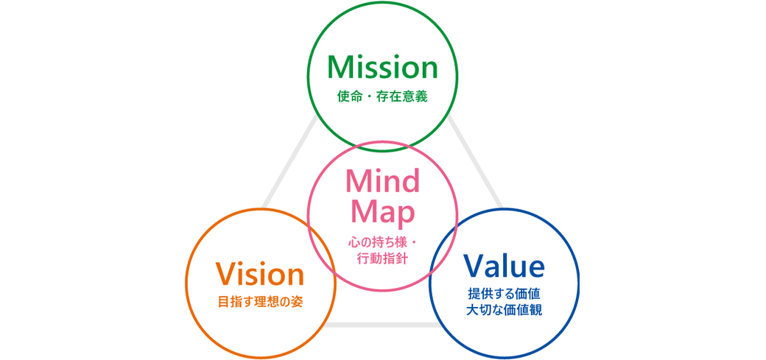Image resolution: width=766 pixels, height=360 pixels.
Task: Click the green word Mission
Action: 382,68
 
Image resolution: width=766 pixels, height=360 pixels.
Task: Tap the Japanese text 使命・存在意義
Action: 382,96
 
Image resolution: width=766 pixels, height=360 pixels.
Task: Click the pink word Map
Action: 382,211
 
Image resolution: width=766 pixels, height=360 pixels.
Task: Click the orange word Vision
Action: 260,275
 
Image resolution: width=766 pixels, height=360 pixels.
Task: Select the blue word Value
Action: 504,266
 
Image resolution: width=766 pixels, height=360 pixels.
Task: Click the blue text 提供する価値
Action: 505,293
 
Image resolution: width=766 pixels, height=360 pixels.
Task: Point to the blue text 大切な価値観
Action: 505,310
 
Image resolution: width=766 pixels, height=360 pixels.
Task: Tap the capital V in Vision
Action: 225,275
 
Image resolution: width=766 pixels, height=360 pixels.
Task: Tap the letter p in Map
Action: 406,214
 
